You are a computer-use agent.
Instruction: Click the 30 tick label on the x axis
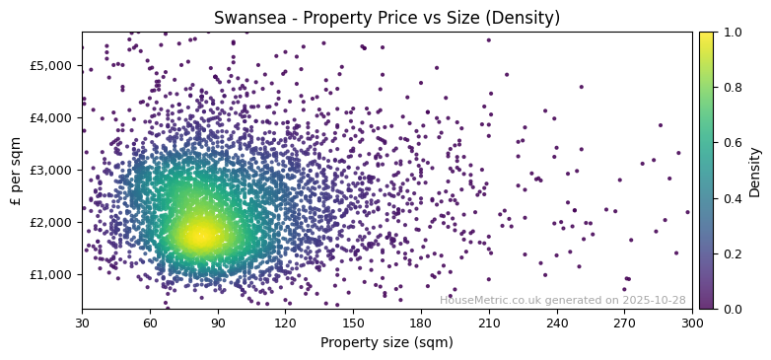point(82,323)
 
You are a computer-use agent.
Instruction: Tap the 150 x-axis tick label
point(353,323)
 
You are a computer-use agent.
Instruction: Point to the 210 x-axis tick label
point(489,323)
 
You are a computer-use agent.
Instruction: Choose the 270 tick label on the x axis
point(624,323)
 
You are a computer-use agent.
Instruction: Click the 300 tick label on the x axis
point(692,323)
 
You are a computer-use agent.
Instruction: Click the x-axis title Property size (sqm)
point(386,343)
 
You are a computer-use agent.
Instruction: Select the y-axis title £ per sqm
point(16,170)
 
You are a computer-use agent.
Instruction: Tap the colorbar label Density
point(754,170)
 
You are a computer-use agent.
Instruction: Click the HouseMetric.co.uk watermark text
point(562,300)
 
